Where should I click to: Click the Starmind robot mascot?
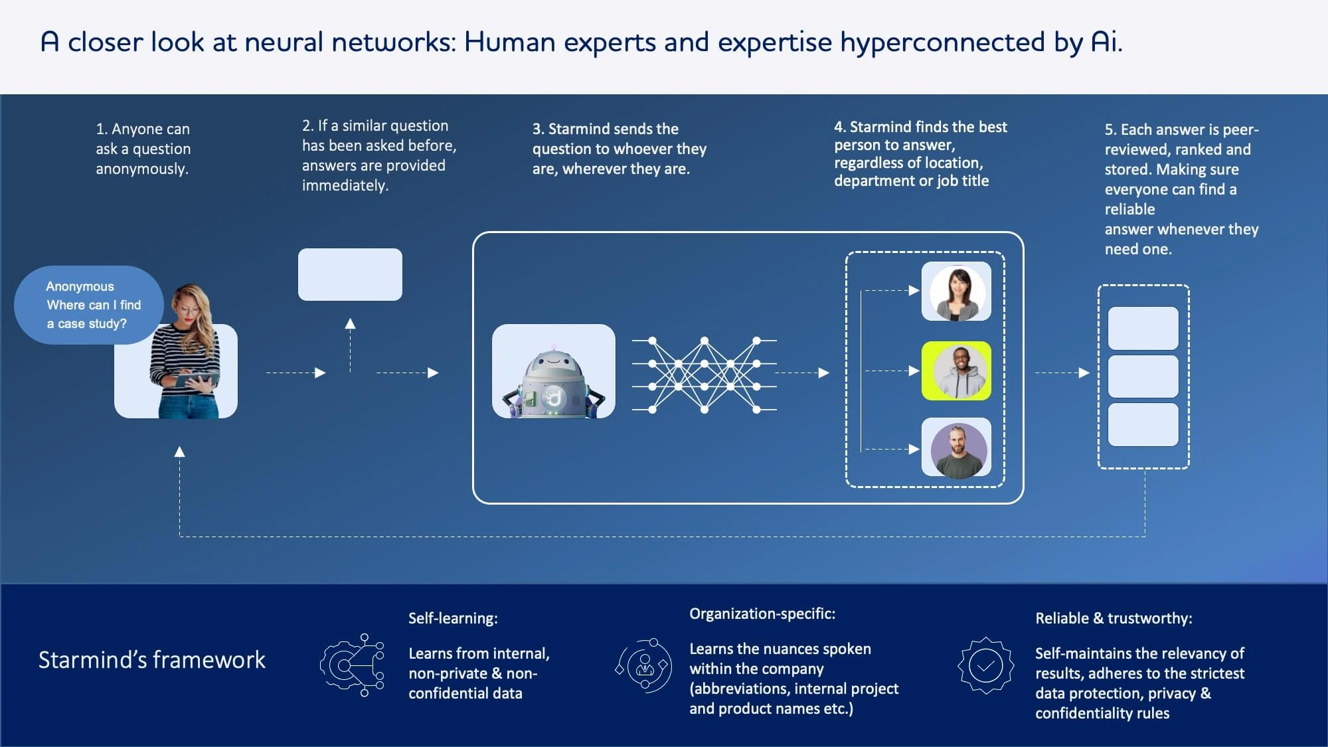pos(553,382)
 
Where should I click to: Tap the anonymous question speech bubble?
pos(88,305)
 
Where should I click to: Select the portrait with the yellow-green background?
pos(956,371)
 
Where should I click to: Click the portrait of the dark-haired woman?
pos(956,291)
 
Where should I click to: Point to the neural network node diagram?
pos(704,374)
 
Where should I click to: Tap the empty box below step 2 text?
pos(350,274)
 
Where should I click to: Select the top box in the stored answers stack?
pos(1143,328)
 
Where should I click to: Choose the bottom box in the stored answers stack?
pos(1143,425)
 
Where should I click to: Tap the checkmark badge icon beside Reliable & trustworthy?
pos(985,665)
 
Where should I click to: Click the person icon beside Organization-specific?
pos(644,665)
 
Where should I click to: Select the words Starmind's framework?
pos(151,660)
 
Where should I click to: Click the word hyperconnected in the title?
pos(943,42)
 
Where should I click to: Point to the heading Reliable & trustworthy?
pos(1114,618)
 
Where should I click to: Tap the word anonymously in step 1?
pos(142,169)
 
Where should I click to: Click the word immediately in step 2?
pos(345,185)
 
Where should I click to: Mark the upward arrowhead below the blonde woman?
pos(179,452)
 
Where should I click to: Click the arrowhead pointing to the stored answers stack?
pos(1084,373)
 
